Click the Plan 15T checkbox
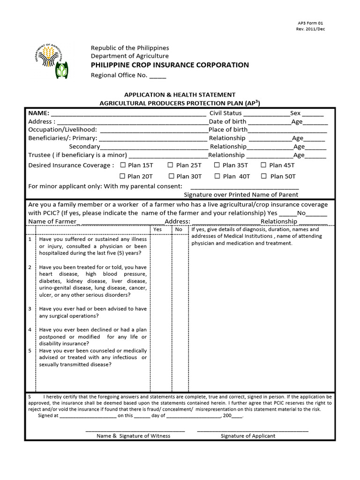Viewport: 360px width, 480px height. (123, 165)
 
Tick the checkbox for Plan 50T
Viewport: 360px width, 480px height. (263, 176)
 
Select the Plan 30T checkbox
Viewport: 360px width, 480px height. (171, 176)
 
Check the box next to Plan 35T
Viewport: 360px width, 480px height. (217, 165)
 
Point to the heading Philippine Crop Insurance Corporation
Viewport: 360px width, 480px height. (170, 65)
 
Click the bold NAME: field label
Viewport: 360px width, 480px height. (38, 113)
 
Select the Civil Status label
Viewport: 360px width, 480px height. (225, 113)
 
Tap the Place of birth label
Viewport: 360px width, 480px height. (228, 129)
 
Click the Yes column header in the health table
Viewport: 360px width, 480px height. (157, 230)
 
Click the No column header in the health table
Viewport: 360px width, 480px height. (179, 230)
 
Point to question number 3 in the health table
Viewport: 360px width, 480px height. (30, 309)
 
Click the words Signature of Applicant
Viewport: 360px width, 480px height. (248, 435)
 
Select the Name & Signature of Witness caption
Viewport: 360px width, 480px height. (134, 435)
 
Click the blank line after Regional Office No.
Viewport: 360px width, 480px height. (157, 76)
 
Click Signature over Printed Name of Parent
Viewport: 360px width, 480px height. (241, 195)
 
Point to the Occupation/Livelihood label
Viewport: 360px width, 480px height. (63, 129)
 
